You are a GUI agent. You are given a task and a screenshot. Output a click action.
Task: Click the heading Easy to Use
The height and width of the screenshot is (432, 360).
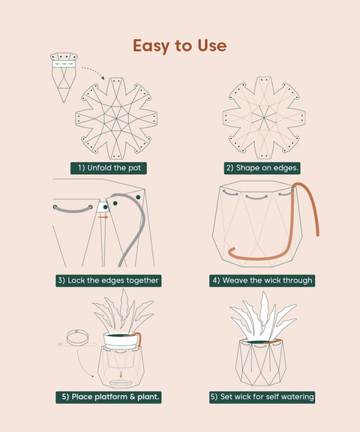click(179, 46)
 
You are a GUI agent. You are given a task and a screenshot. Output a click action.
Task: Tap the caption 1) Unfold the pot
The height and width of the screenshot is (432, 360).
click(109, 168)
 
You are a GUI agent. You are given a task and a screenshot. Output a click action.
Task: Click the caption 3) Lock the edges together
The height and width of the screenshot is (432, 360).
click(108, 280)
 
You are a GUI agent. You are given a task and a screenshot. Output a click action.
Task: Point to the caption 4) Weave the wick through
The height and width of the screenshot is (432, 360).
click(262, 280)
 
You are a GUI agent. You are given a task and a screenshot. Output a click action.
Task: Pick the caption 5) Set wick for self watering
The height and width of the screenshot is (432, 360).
click(262, 397)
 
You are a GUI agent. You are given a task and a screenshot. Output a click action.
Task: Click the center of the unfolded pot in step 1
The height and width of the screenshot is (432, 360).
click(115, 118)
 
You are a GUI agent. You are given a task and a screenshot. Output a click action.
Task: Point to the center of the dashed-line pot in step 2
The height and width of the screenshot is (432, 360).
click(263, 118)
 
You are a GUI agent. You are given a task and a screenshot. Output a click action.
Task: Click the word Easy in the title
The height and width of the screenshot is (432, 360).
click(150, 46)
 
